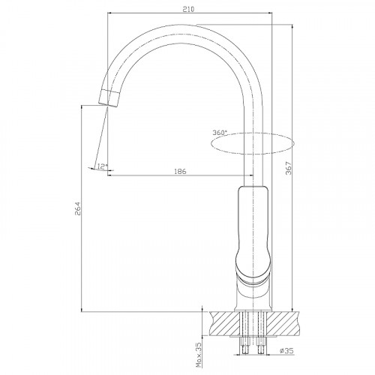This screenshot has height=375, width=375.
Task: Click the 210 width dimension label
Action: (188, 10)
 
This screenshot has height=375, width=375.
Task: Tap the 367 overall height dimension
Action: (289, 168)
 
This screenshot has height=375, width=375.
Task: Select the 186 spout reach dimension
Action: (180, 172)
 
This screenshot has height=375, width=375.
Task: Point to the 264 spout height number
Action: (77, 208)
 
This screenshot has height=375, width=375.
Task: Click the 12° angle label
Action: (103, 166)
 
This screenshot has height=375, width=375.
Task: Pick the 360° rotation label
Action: (220, 133)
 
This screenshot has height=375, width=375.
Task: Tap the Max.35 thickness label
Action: (199, 355)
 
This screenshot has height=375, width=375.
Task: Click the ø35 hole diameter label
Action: (286, 351)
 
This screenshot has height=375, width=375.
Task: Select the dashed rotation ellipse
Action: (253, 133)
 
